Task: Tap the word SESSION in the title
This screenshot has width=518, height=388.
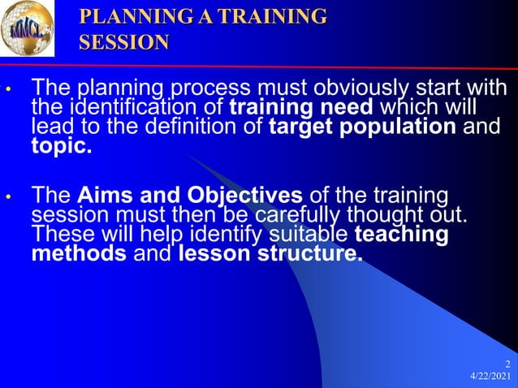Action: [x=124, y=42]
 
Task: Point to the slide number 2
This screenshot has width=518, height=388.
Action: [x=507, y=364]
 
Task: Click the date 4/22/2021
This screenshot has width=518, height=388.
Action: [x=490, y=377]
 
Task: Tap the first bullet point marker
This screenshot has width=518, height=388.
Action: [x=8, y=88]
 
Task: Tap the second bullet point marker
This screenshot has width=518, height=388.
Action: [x=8, y=197]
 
